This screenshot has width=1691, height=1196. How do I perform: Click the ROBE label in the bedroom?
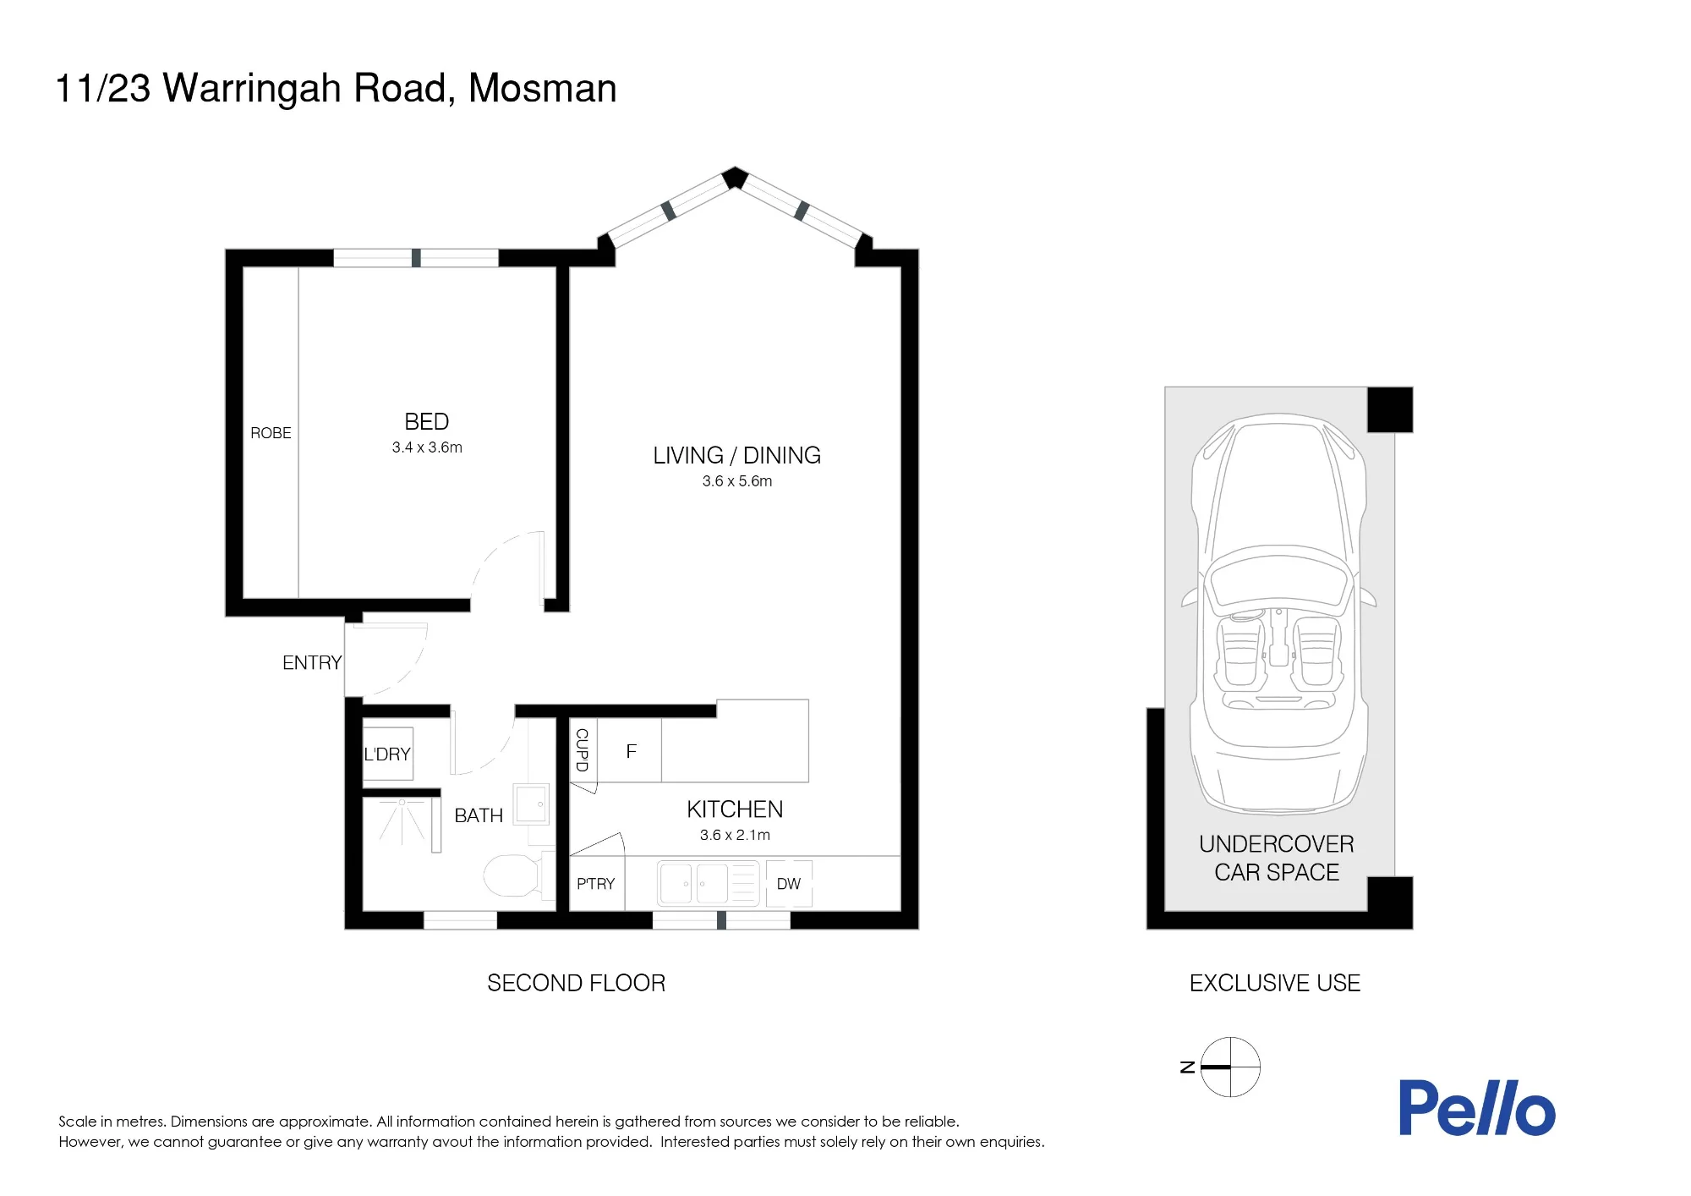click(x=271, y=433)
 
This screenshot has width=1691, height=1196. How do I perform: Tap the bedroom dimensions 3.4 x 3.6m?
click(x=427, y=447)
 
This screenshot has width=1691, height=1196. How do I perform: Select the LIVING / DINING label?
click(x=736, y=455)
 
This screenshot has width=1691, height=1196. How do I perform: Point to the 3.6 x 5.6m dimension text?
click(x=737, y=481)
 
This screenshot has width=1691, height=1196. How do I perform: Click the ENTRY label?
click(x=312, y=662)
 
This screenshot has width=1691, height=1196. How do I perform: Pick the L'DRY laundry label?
click(x=387, y=754)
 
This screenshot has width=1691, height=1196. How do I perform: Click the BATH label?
click(x=479, y=815)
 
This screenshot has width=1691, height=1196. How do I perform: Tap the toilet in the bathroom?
click(x=512, y=875)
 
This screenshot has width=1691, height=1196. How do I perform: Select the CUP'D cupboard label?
click(x=582, y=749)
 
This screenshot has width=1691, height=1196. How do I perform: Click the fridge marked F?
click(x=630, y=751)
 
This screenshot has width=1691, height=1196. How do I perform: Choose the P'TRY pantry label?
click(x=596, y=884)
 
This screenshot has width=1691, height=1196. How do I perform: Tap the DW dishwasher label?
click(x=789, y=884)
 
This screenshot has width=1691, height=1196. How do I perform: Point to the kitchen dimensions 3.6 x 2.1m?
click(x=735, y=835)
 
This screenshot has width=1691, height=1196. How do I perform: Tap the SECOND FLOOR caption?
click(x=577, y=983)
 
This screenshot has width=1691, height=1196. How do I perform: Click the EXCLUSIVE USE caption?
click(x=1275, y=983)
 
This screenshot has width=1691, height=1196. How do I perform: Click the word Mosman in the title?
click(x=543, y=88)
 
